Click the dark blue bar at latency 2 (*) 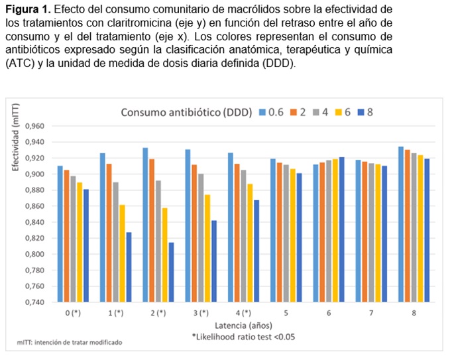(x=172, y=272)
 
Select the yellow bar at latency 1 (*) (x=123, y=253)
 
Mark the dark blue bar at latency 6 (x=341, y=229)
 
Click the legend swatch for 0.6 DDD (x=262, y=112)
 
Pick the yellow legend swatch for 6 (x=336, y=112)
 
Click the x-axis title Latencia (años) (x=242, y=326)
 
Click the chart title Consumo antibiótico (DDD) (x=186, y=112)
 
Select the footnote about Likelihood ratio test (x=243, y=337)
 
